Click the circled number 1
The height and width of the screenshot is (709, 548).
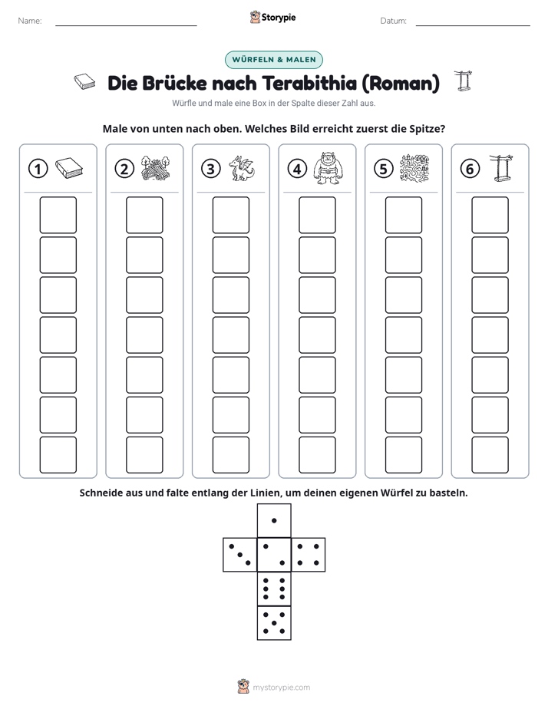pos(38,169)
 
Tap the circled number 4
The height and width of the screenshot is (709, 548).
pos(297,169)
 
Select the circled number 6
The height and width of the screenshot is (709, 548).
pos(470,169)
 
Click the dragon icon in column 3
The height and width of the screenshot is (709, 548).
pos(242,168)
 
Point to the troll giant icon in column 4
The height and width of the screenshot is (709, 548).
pos(328,168)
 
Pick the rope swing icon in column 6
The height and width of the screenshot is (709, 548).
pos(501,168)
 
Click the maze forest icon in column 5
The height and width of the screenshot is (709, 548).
pos(414,168)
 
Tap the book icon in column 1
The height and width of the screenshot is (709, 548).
pos(69,168)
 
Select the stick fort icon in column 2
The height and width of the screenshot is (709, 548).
pos(156,168)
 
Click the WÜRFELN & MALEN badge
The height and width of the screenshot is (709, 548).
pos(274,60)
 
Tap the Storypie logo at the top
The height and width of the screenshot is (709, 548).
pos(273,18)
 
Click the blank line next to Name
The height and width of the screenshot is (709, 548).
pos(126,25)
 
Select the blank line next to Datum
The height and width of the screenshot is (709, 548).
pos(473,25)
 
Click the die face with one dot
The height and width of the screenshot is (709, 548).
pos(274,521)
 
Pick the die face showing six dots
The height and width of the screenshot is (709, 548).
pos(274,589)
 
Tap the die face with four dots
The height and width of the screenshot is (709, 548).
pos(309,555)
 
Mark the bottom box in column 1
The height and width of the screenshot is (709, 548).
pos(58,455)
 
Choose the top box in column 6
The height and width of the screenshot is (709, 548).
pos(490,215)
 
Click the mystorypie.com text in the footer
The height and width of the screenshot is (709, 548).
pos(281,688)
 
